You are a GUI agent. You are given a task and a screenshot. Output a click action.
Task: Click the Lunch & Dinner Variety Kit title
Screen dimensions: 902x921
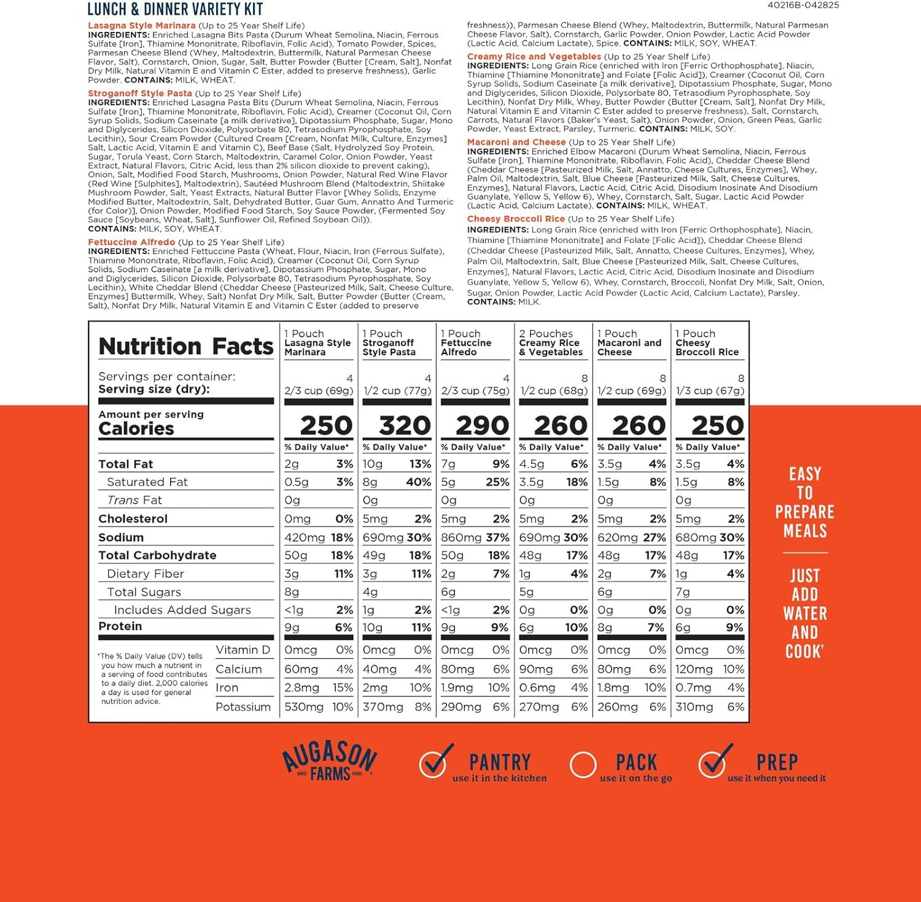point(175,9)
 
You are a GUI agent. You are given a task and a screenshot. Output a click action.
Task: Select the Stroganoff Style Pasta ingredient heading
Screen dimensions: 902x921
point(140,93)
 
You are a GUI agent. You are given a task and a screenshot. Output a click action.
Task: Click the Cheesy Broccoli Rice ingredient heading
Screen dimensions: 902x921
point(516,218)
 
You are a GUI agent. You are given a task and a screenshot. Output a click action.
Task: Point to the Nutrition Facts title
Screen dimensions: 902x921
point(185,347)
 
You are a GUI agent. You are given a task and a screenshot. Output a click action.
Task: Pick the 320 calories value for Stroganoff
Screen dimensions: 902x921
point(405,425)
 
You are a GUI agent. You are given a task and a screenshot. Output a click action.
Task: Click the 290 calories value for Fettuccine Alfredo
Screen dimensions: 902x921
point(483,425)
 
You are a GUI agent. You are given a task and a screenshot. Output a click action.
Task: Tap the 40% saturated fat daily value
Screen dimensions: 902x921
point(418,482)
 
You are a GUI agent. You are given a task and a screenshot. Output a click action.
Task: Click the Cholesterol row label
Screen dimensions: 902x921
point(133,519)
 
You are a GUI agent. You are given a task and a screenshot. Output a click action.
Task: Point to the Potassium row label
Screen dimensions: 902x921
point(243,707)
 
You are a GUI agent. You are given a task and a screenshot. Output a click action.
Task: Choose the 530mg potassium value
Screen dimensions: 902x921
point(304,707)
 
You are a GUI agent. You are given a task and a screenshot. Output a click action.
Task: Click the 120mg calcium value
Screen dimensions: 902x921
point(694,669)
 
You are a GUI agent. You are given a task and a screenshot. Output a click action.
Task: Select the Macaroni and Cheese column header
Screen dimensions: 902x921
point(629,343)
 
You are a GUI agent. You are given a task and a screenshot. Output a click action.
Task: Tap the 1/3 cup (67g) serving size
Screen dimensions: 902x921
point(710,391)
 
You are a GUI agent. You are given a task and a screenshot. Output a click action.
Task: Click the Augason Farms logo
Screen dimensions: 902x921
point(330,761)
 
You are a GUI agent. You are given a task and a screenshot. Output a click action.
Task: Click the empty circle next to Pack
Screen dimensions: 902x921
point(583,765)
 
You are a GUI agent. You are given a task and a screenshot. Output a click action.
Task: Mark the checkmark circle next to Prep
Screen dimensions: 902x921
point(713,763)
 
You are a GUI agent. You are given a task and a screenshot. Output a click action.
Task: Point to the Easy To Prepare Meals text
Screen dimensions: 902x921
point(804,502)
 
